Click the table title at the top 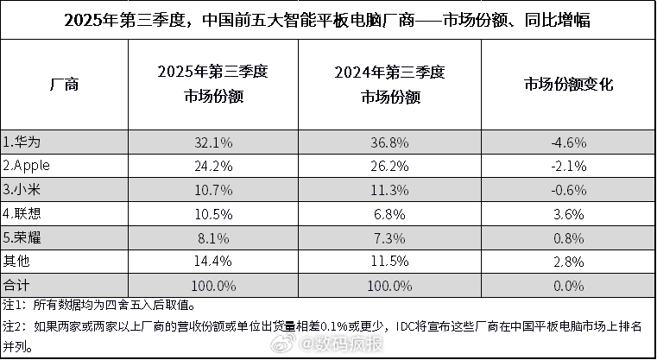tap(328, 20)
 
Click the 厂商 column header tap(65, 85)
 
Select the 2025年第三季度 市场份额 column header tap(213, 85)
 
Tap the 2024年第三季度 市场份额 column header tap(382, 85)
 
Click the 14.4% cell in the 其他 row tap(213, 259)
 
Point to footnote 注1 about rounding tap(99, 305)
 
